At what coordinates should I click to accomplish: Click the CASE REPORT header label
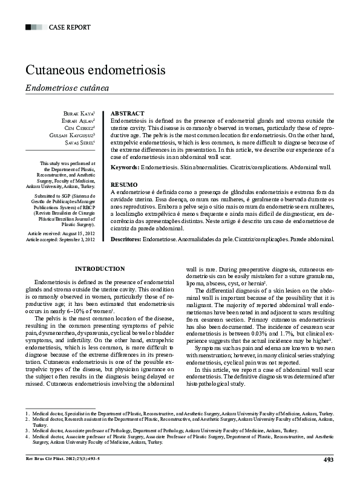(x=69, y=27)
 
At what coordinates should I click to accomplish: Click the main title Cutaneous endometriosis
(x=95, y=70)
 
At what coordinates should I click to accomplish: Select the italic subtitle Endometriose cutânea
(x=67, y=88)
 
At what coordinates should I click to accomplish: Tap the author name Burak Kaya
(x=79, y=114)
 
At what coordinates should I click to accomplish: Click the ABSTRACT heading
(x=128, y=114)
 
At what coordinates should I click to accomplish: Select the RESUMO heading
(x=124, y=184)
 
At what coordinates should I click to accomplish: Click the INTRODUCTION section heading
(x=99, y=268)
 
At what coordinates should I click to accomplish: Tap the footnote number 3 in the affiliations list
(x=27, y=430)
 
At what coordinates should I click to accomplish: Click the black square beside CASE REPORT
(x=29, y=27)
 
